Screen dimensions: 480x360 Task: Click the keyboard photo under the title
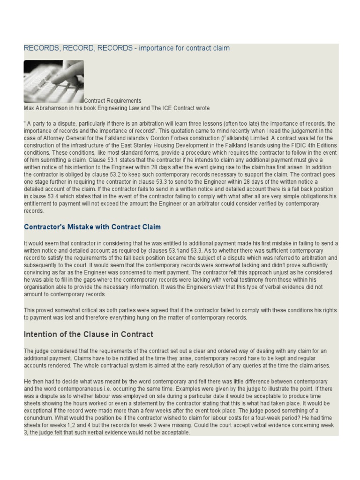pyautogui.click(x=53, y=82)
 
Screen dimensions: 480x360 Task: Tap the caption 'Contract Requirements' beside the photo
pyautogui.click(x=112, y=101)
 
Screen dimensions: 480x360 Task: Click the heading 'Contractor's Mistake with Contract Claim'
pyautogui.click(x=92, y=227)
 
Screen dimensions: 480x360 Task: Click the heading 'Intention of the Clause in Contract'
pyautogui.click(x=89, y=335)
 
